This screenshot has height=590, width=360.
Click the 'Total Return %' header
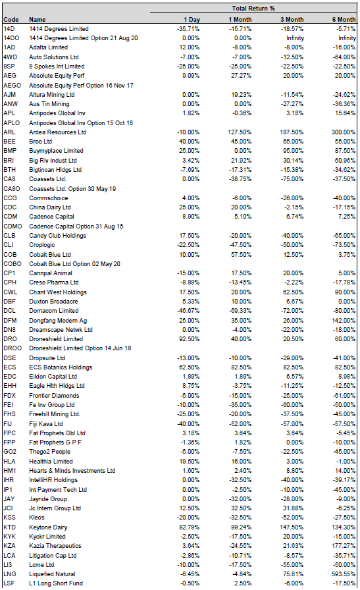253,9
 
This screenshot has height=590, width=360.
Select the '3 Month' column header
292,20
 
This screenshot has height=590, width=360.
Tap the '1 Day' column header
192,20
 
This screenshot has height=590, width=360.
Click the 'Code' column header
11,20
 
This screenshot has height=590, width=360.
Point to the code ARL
9,132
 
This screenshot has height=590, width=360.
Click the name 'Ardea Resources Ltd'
57,132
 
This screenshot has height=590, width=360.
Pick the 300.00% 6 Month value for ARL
344,132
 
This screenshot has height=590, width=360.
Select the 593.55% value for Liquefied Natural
344,574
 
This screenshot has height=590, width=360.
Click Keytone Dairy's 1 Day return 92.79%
190,527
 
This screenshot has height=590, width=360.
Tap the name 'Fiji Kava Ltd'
46,423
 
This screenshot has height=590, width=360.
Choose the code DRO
10,339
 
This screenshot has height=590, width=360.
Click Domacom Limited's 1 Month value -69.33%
240,311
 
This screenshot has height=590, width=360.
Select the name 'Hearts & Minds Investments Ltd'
72,471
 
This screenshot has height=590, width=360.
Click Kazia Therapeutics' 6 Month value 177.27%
344,546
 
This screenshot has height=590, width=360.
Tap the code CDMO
13,226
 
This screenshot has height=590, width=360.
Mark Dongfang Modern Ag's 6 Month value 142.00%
344,320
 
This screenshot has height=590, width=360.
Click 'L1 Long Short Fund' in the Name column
56,583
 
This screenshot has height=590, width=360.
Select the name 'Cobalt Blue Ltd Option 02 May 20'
74,264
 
